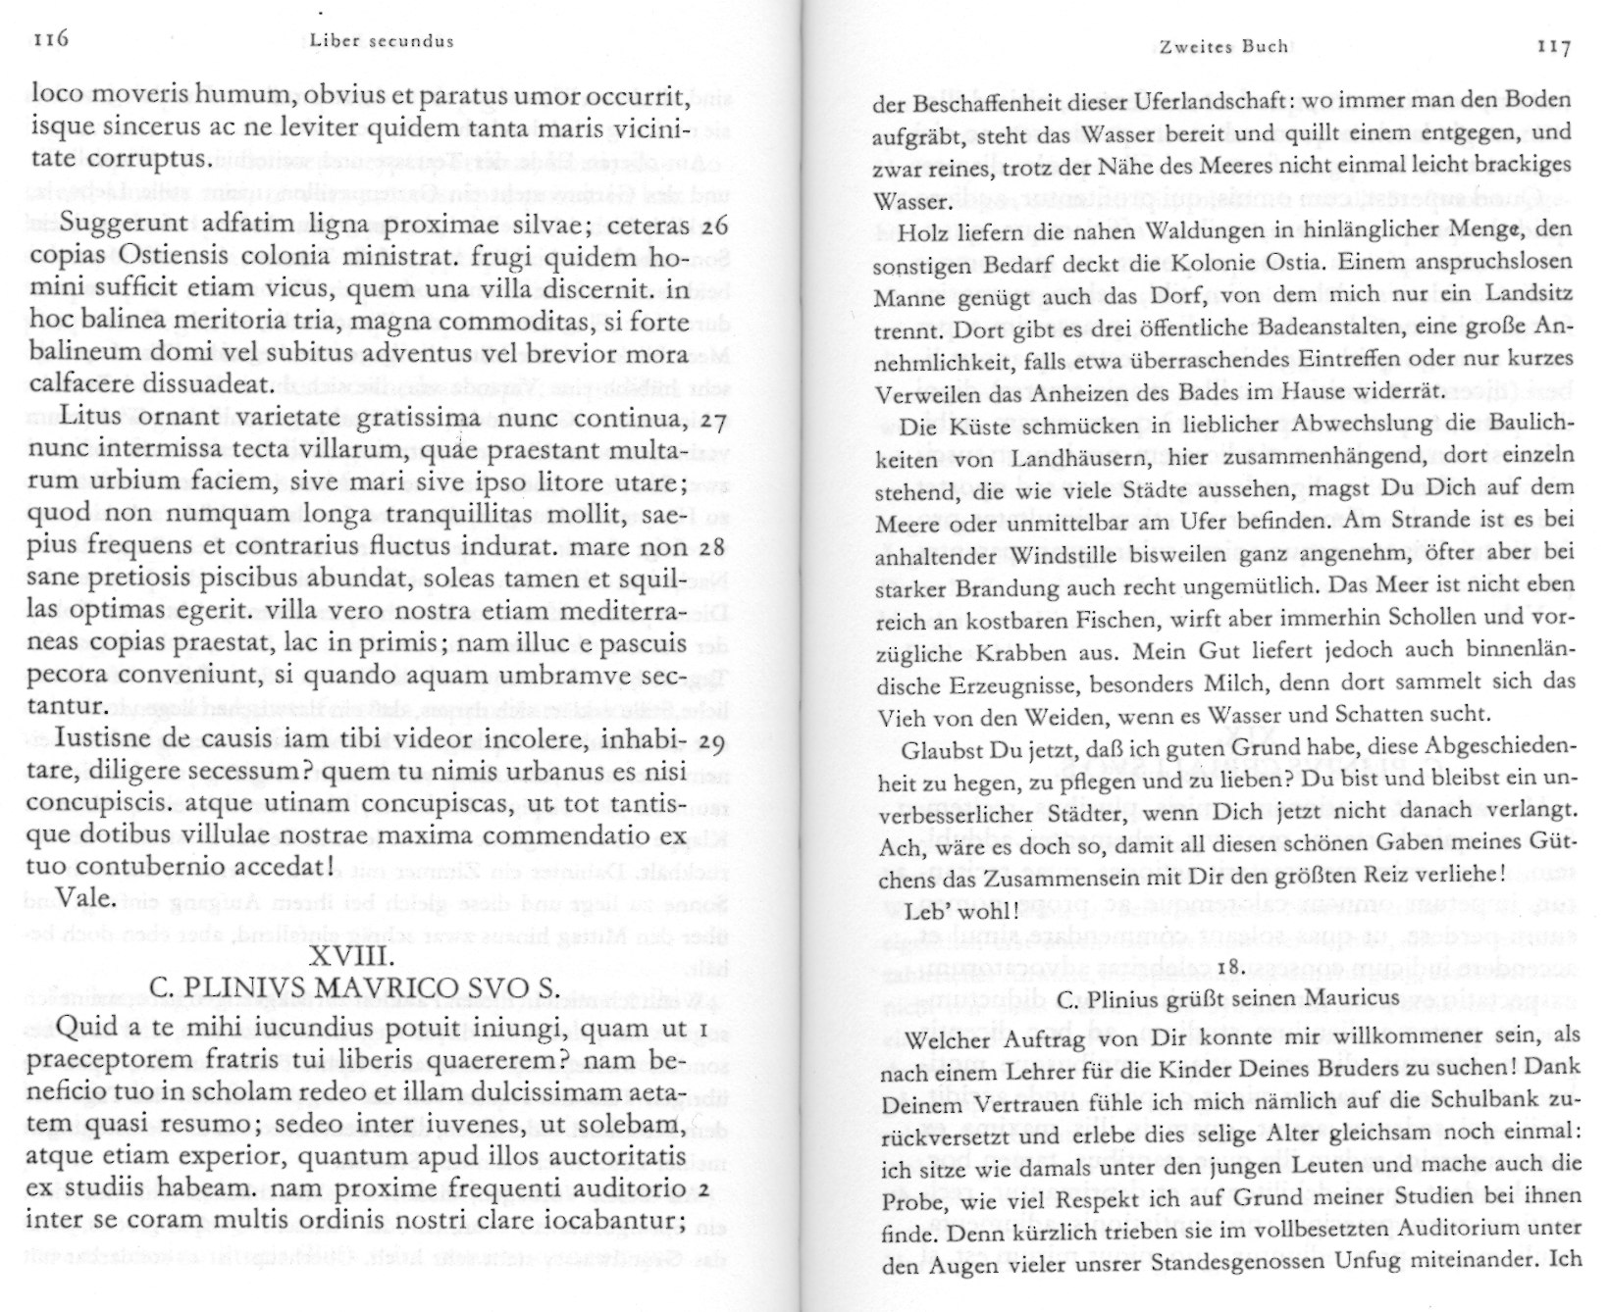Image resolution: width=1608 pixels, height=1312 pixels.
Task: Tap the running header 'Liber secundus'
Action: [381, 41]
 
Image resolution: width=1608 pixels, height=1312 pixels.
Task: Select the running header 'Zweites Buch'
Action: [1222, 46]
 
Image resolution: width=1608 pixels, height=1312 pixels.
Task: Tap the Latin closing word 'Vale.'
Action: [87, 897]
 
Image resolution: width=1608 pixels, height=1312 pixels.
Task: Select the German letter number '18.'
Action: [1230, 967]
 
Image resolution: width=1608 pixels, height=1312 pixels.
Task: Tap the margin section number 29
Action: [714, 740]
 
